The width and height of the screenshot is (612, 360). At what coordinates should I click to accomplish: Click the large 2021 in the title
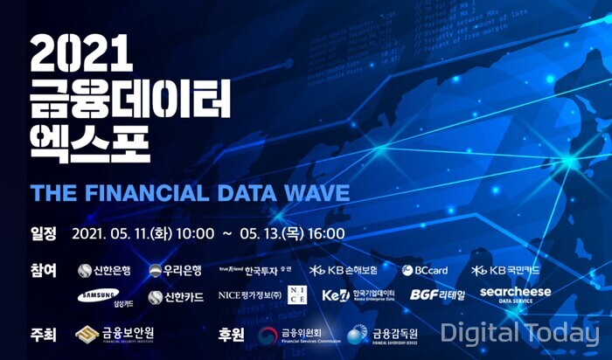tap(80, 57)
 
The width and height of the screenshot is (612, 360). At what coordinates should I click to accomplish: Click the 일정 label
tap(43, 233)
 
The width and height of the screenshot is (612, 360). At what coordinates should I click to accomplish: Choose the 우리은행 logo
tap(175, 271)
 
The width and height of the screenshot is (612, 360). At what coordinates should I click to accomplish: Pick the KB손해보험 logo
tap(344, 271)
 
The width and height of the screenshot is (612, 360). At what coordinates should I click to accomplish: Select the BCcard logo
tap(426, 271)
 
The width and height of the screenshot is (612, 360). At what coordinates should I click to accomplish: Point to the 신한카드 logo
tap(175, 297)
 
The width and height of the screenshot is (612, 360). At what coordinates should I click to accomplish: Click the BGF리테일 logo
tap(437, 295)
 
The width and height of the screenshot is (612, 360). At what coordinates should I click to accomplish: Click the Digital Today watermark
tap(519, 333)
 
